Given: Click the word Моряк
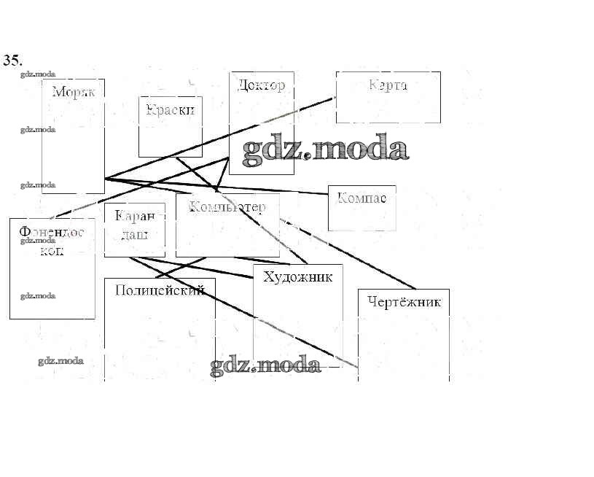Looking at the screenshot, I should tap(74, 92).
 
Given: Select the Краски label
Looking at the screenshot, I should tap(171, 110).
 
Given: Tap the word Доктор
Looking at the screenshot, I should tap(261, 85).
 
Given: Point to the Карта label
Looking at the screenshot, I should tap(388, 85).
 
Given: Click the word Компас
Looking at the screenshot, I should tap(362, 198).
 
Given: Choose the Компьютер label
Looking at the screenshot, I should tap(227, 207).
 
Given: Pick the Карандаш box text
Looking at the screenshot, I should tap(135, 225).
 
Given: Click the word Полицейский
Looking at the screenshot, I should tap(160, 290).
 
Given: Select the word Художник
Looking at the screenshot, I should tap(297, 277).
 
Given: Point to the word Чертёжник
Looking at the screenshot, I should tap(405, 302).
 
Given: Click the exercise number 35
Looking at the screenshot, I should tap(12, 61).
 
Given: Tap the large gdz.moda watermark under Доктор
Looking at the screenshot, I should tap(324, 149).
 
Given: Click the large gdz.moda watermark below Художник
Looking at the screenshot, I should tap(265, 365).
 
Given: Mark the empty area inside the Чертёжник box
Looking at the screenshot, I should tap(403, 343).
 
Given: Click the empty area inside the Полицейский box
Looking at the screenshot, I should tap(159, 336).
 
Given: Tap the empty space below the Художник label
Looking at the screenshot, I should tap(297, 321).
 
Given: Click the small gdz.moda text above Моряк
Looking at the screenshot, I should tap(38, 74).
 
